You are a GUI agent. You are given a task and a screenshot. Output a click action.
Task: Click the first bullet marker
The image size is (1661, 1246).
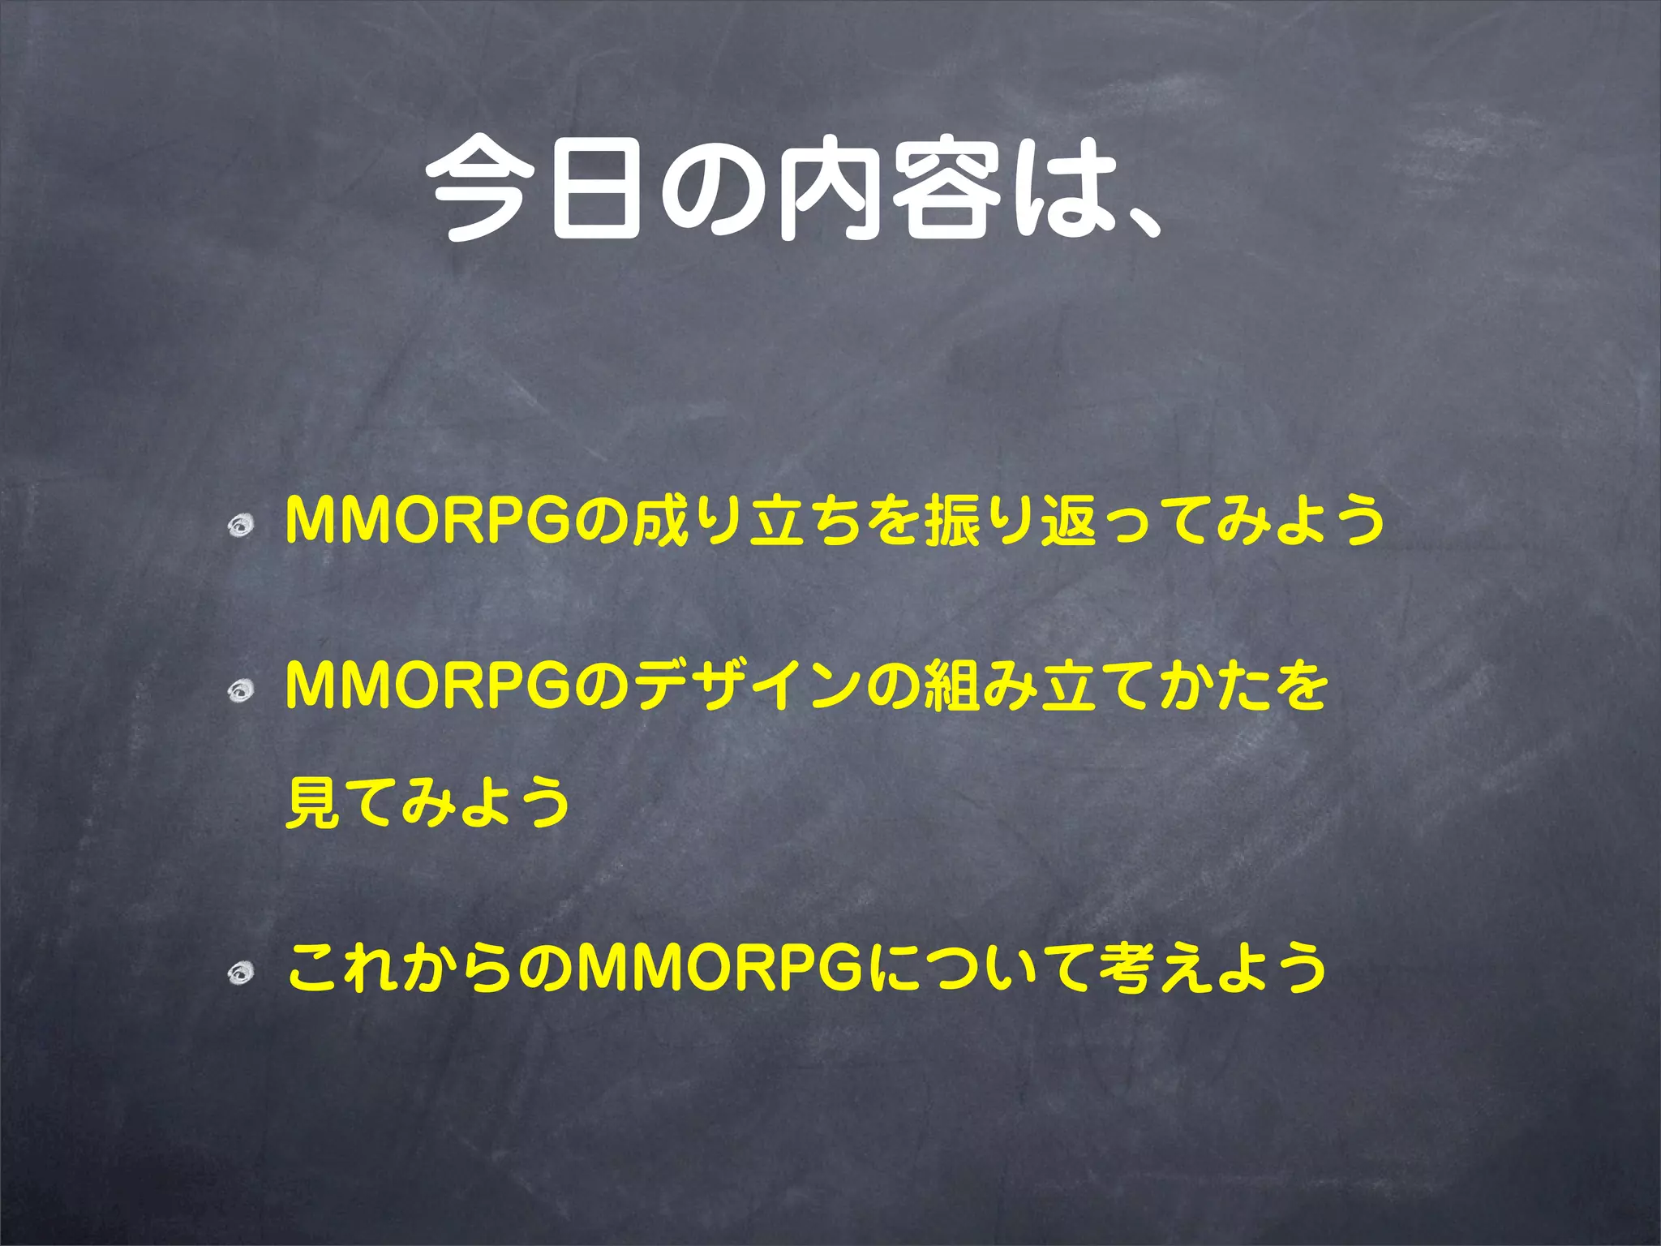tap(241, 528)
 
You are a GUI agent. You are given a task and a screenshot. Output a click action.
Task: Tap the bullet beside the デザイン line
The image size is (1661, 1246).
tap(241, 690)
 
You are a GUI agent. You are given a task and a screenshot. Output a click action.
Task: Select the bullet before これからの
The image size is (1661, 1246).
tap(241, 971)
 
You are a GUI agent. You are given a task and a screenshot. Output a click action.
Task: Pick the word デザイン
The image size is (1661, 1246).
tap(746, 685)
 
